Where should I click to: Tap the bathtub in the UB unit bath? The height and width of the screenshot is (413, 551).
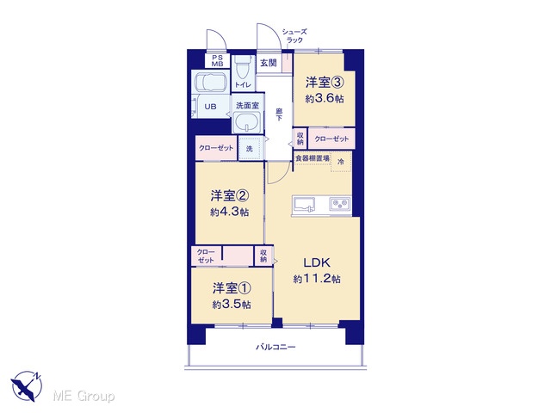(210, 82)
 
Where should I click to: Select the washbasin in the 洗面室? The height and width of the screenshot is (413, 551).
(247, 122)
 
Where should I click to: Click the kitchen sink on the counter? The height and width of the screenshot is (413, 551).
(304, 205)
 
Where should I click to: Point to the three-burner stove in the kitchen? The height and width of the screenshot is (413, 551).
(340, 204)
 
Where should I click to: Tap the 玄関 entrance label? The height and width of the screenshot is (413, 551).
(269, 63)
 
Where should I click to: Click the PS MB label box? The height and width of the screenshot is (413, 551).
(217, 61)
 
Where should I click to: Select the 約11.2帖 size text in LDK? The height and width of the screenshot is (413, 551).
(317, 279)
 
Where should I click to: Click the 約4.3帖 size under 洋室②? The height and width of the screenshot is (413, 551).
(230, 212)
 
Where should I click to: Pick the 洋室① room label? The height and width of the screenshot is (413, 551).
(232, 288)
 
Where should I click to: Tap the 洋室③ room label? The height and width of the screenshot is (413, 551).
(324, 83)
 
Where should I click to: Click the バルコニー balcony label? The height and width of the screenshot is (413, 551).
(275, 347)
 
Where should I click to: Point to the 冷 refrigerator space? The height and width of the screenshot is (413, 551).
(341, 162)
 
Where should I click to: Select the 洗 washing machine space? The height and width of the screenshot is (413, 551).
(250, 149)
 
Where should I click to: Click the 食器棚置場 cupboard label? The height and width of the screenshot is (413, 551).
(313, 158)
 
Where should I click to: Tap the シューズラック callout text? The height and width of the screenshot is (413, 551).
(294, 36)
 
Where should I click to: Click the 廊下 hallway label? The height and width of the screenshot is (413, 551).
(279, 114)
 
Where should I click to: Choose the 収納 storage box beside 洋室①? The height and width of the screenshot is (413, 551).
(263, 256)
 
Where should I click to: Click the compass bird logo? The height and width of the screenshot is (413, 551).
(27, 385)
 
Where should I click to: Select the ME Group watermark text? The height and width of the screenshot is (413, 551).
(84, 397)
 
